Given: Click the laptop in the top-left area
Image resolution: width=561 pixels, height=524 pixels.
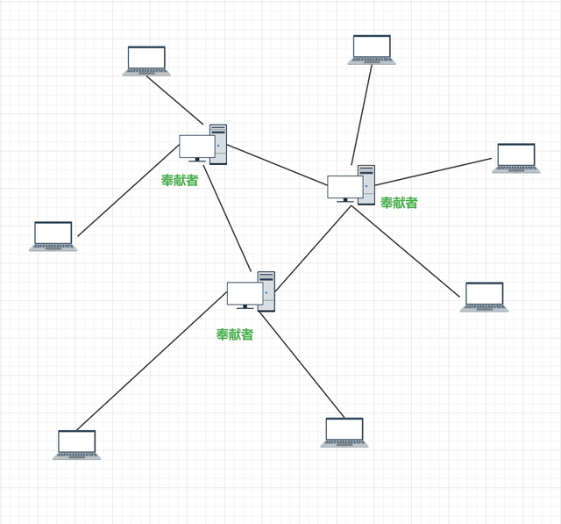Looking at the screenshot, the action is [x=146, y=61].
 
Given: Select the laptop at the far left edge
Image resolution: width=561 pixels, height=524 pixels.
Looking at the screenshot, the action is [x=53, y=236].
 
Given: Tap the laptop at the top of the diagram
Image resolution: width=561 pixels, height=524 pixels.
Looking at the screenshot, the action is [x=372, y=50].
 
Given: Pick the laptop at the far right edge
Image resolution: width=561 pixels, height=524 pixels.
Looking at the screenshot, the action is [x=516, y=158].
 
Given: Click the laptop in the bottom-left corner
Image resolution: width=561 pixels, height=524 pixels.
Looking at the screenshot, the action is [x=76, y=445].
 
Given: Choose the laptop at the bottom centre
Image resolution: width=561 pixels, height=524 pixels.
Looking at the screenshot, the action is [x=344, y=433].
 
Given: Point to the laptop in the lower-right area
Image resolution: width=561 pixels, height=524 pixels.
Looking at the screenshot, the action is [x=484, y=297].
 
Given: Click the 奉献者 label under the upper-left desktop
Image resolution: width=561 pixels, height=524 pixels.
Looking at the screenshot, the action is [x=180, y=180].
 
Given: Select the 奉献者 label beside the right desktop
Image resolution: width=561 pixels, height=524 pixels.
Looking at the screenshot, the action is [x=399, y=203].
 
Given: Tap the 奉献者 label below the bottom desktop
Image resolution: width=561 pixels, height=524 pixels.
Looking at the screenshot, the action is [x=235, y=334].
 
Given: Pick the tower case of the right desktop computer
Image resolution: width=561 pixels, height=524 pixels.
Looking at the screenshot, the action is [x=367, y=185].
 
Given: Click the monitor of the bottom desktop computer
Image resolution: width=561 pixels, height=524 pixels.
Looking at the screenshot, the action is [x=245, y=295].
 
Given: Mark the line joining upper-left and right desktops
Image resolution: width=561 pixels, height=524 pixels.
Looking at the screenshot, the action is [x=277, y=165].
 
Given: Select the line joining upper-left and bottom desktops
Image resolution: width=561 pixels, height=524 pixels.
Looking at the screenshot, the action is [x=227, y=219].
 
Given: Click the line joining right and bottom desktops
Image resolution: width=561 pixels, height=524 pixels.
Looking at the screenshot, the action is [x=313, y=248].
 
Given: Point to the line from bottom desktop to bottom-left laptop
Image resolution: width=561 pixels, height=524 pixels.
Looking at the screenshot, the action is [x=152, y=361].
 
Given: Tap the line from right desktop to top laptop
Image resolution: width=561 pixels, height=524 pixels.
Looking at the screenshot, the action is [x=362, y=115].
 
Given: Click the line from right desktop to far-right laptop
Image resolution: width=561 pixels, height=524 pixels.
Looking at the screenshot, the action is [x=433, y=172].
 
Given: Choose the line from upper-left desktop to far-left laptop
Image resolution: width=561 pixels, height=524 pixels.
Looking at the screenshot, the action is [x=128, y=190].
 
